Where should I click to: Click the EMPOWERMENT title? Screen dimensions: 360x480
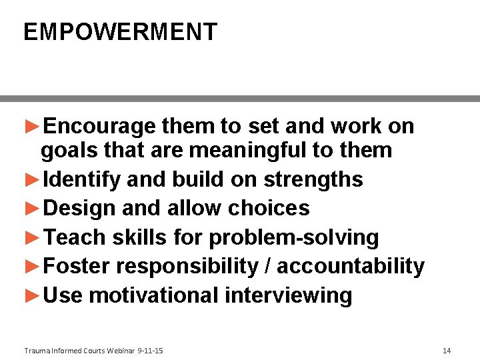120,32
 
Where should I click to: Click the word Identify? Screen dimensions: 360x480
81,179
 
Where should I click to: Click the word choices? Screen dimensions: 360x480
269,208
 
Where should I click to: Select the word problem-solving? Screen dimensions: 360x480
293,237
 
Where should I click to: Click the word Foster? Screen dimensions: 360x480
76,266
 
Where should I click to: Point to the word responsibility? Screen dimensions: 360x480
187,266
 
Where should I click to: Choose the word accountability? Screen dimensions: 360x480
350,266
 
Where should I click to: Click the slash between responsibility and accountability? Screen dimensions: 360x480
267,266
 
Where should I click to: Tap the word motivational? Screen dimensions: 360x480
153,295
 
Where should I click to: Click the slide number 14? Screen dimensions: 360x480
447,351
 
